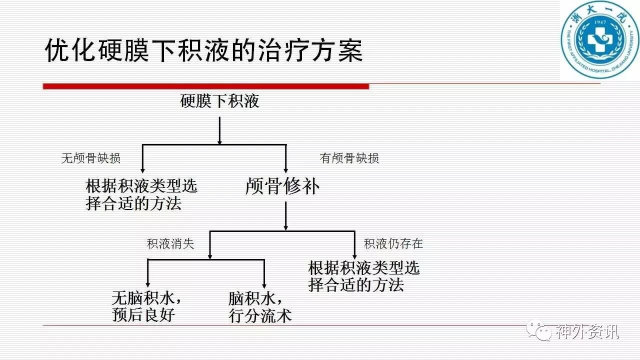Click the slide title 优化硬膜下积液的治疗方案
203,50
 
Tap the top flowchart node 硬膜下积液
220,101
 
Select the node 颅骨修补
282,186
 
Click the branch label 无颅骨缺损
90,158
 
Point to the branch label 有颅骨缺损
349,158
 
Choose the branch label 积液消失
170,244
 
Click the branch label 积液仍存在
393,244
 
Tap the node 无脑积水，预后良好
145,307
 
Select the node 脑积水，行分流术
259,307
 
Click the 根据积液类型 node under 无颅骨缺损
141,194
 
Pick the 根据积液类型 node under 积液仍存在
363,276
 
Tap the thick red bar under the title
205,86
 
